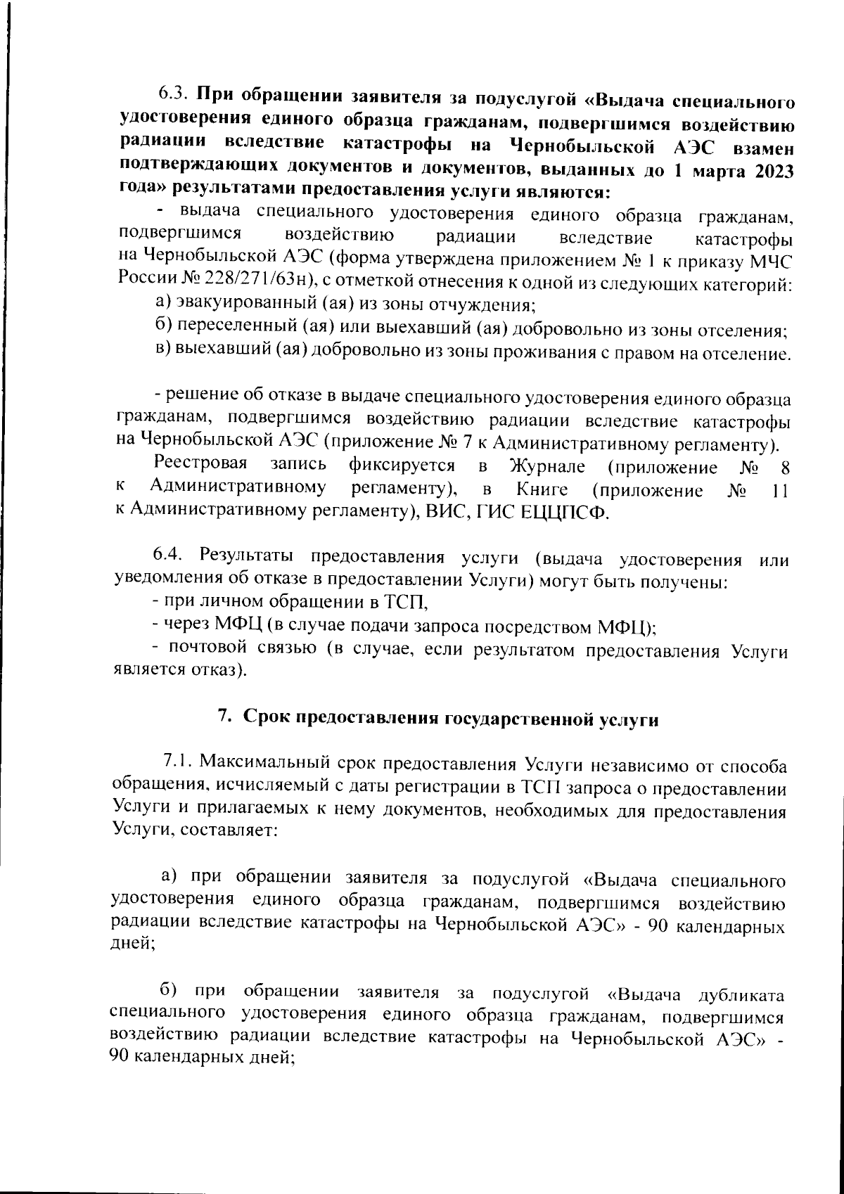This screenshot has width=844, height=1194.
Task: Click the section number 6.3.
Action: tap(173, 94)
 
